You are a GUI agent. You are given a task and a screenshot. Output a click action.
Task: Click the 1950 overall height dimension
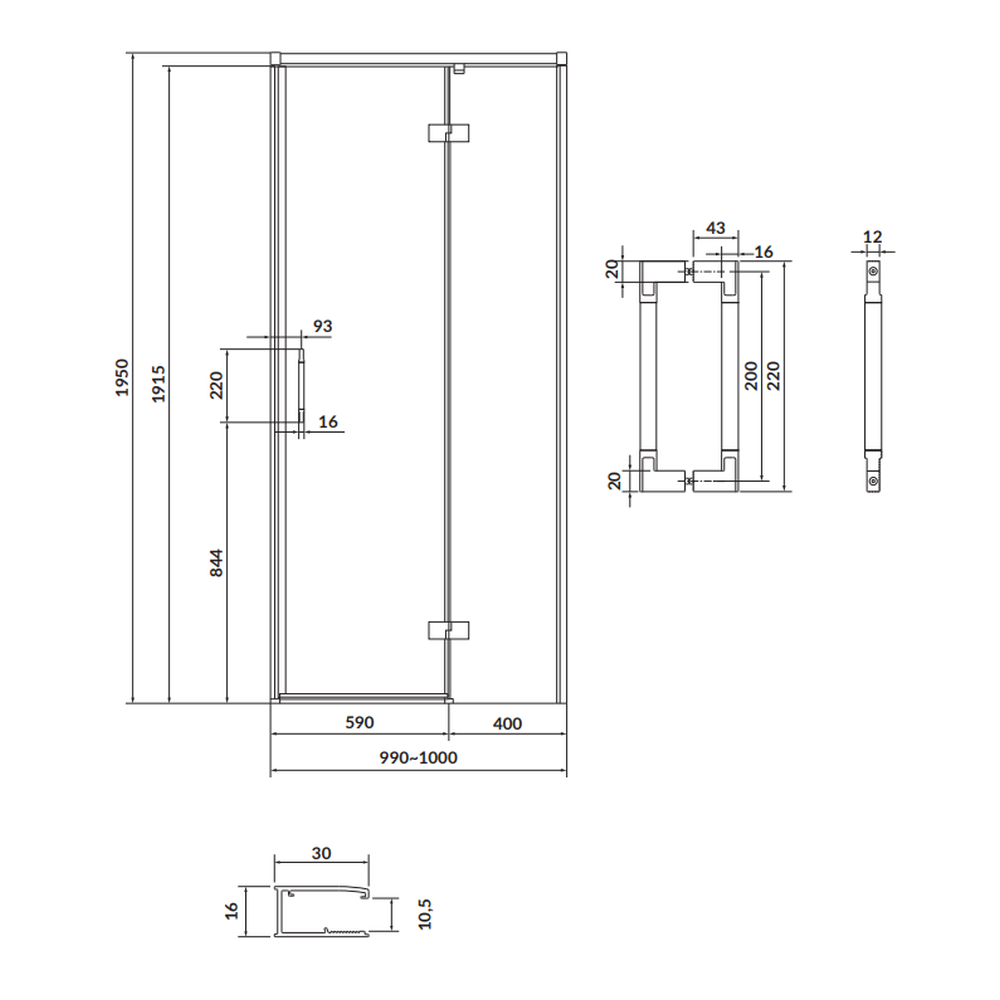click(x=122, y=378)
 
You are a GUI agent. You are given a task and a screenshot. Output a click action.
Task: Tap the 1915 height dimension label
click(x=158, y=384)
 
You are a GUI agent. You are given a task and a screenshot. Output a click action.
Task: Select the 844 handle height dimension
click(x=216, y=563)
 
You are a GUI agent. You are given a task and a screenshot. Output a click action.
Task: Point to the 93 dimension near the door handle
click(x=323, y=326)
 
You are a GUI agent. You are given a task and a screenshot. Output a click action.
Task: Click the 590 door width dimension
click(x=359, y=723)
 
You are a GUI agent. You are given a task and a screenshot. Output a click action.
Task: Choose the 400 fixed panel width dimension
click(x=508, y=724)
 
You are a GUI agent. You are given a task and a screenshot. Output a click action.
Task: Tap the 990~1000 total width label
click(x=418, y=758)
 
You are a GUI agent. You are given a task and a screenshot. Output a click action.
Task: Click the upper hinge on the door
click(x=448, y=133)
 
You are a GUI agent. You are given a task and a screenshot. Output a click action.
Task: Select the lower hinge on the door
click(x=448, y=630)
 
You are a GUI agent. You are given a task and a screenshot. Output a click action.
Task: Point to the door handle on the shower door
click(x=302, y=385)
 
